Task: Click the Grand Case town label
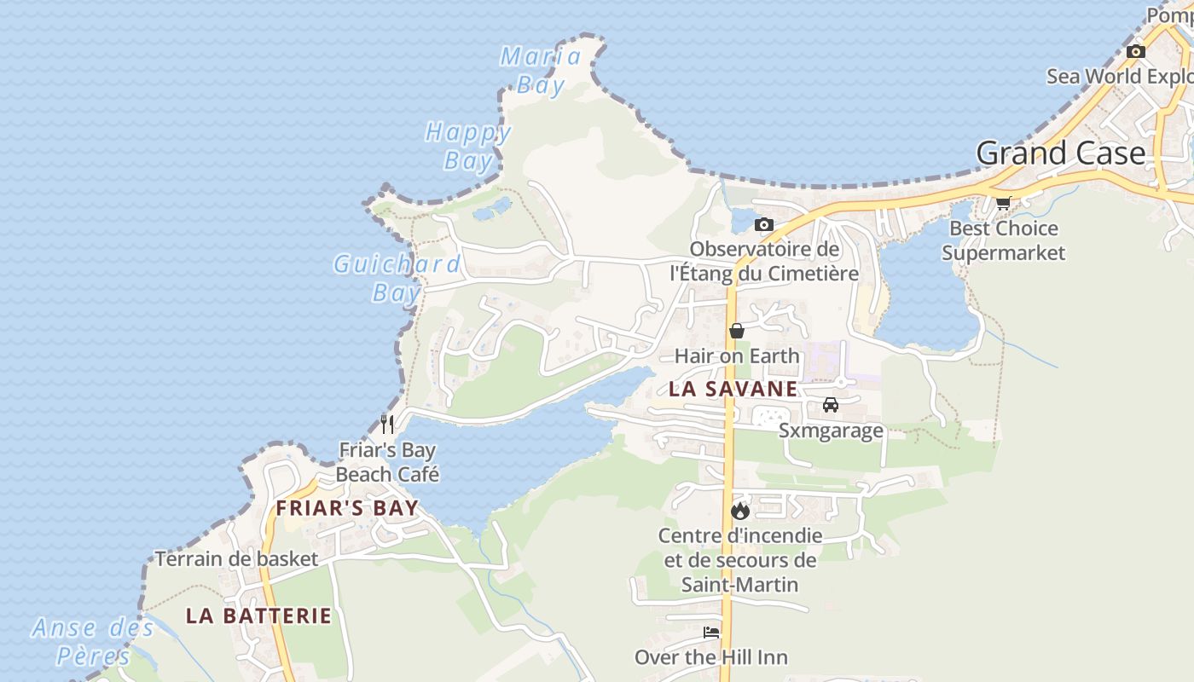(1061, 153)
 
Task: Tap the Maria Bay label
(541, 71)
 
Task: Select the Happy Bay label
(468, 147)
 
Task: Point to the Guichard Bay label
(397, 278)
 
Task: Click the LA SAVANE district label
(733, 390)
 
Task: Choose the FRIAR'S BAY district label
(347, 509)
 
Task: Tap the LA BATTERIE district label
(258, 616)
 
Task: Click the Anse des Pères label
(93, 642)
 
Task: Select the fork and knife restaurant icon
(387, 423)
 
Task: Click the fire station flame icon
(739, 511)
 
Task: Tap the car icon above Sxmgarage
(831, 404)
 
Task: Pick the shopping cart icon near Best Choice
(1004, 203)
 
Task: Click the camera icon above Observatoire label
(764, 224)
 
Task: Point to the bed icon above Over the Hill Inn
(711, 633)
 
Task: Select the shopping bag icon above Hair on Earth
(737, 331)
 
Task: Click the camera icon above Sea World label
(1135, 51)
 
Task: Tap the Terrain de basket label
(236, 559)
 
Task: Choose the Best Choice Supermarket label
(1004, 240)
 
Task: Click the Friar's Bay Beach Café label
(387, 462)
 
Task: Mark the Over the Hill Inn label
(711, 657)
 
